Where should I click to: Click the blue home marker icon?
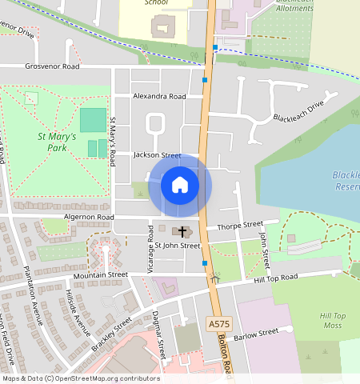(x=180, y=186)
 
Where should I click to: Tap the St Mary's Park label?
(x=57, y=142)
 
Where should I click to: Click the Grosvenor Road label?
(x=53, y=67)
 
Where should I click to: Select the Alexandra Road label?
(x=159, y=96)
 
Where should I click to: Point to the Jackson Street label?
(x=158, y=154)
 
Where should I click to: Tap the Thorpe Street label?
(x=239, y=226)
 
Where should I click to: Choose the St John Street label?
(x=177, y=246)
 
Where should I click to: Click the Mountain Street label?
(x=101, y=274)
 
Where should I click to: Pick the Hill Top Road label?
(x=275, y=277)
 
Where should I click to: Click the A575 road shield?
(x=218, y=324)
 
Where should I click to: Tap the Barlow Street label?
(x=255, y=332)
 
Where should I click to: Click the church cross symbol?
(x=182, y=232)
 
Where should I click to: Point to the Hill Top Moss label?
(x=330, y=320)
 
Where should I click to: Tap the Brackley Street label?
(x=111, y=334)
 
